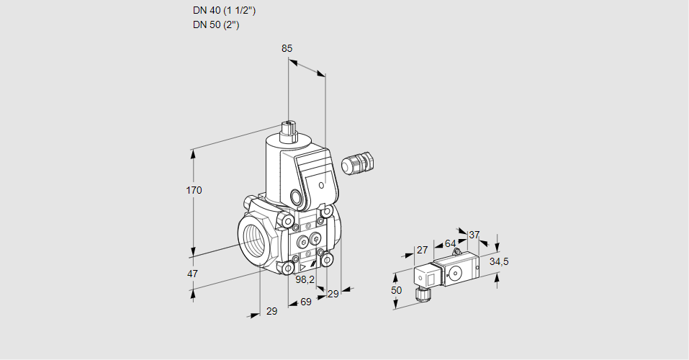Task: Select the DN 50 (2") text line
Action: coord(215,24)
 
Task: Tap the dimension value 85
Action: coord(287,48)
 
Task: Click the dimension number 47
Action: coord(192,274)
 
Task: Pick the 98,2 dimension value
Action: coord(306,279)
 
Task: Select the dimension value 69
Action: coord(305,302)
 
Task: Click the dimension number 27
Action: coord(423,250)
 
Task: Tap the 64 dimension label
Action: coord(450,243)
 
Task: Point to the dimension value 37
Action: coord(474,235)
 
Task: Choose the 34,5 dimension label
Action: coord(498,261)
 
